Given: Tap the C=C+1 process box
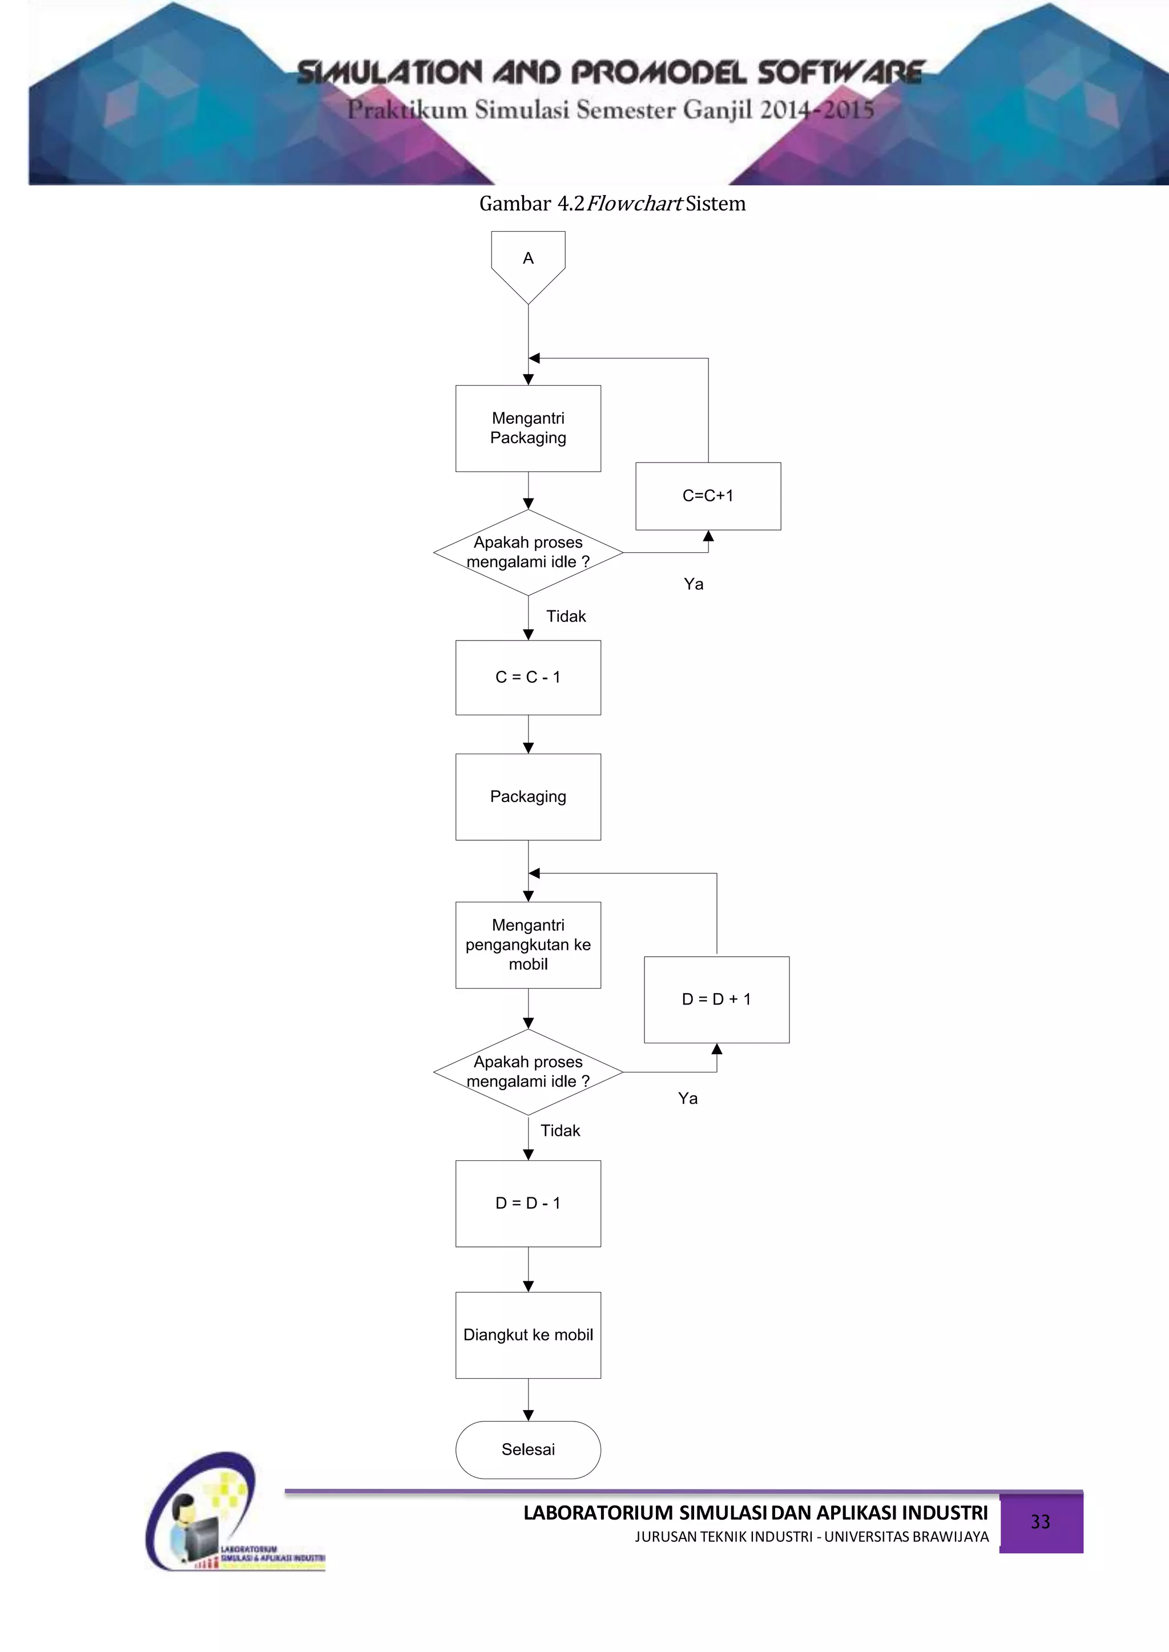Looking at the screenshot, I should click(708, 496).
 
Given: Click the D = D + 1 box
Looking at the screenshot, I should click(716, 999).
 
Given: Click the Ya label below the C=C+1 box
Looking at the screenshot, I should click(693, 584).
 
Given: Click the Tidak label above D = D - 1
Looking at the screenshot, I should click(560, 1131).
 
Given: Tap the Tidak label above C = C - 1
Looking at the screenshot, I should click(566, 616).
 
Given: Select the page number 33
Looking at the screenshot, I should click(1040, 1522).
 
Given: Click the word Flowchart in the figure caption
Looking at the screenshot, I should click(634, 204).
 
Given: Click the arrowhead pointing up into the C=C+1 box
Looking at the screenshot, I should click(708, 537).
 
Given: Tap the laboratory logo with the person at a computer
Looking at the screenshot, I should click(216, 1518).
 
